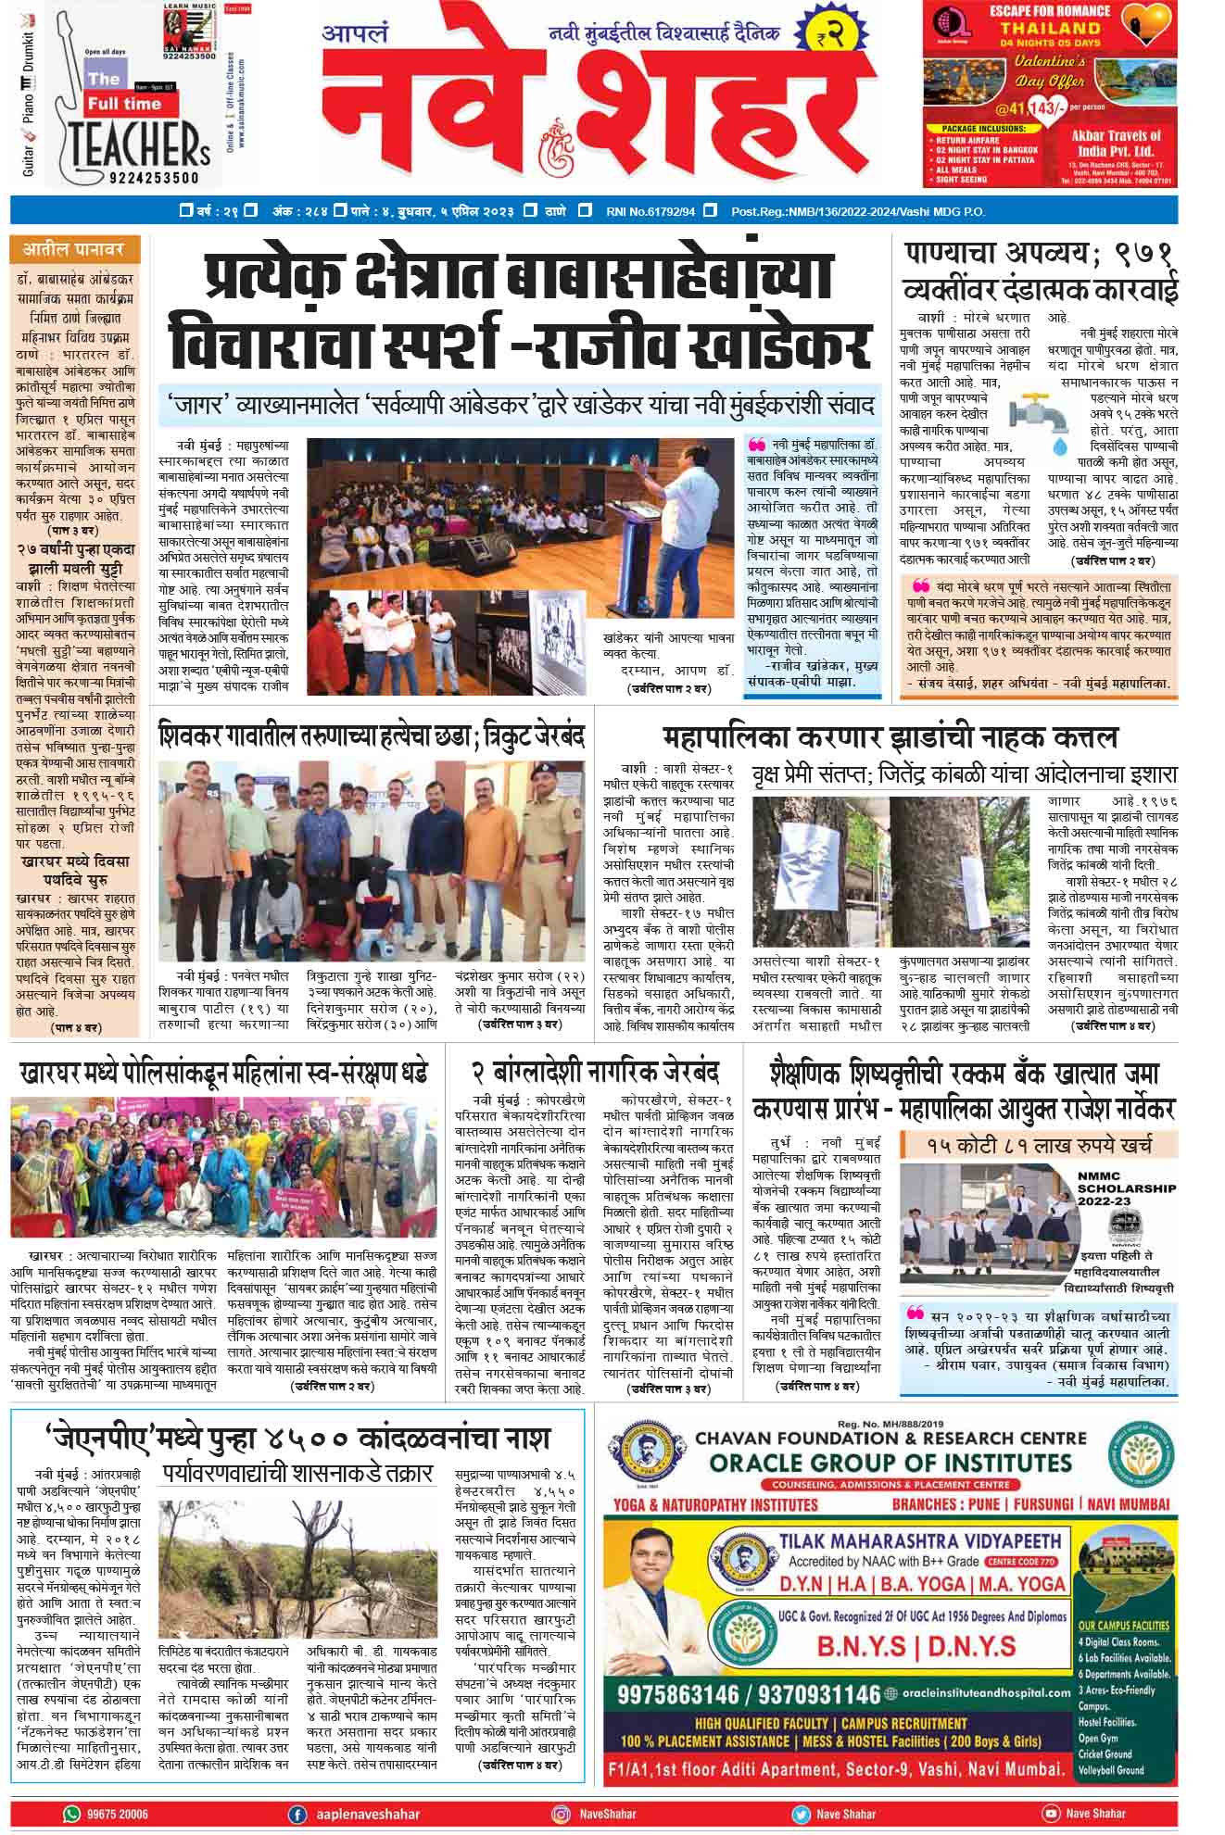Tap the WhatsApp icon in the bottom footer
pos(72,1814)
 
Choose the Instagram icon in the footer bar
pos(562,1814)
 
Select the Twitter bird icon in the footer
pos(801,1814)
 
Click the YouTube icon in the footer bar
pos(1051,1814)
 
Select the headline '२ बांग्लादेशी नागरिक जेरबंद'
pos(596,1075)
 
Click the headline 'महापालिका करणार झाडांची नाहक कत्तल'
pos(890,738)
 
